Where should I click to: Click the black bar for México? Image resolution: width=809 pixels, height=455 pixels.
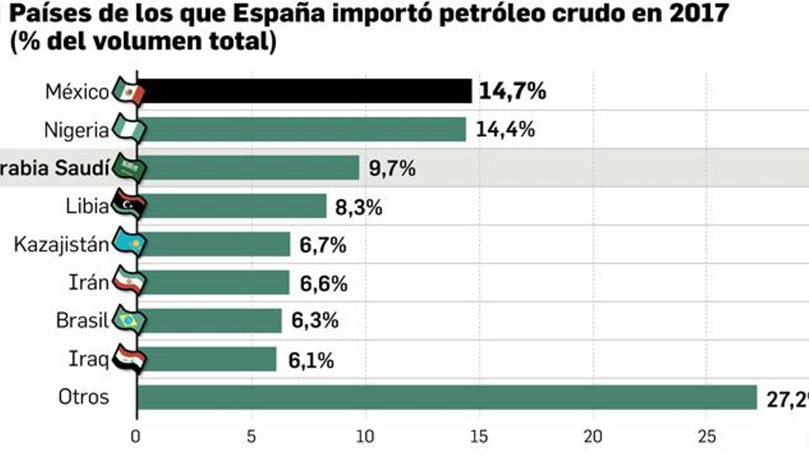[x=303, y=91]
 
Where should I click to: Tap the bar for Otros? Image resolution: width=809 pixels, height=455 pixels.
[x=445, y=397]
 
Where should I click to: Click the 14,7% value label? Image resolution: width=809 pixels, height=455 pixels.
[x=512, y=92]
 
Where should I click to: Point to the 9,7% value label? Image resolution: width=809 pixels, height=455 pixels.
[x=392, y=168]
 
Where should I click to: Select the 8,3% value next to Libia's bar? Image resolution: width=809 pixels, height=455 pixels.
[x=358, y=207]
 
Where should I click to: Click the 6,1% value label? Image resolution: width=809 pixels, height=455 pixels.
[x=311, y=360]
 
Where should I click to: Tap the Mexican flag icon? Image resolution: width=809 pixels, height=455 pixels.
[x=129, y=92]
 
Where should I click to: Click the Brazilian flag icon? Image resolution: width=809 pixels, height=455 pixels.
[x=129, y=321]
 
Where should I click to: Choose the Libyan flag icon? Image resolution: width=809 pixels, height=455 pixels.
[x=129, y=205]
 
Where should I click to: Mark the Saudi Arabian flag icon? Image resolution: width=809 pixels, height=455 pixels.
[x=129, y=167]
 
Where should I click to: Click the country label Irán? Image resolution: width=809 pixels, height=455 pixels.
[x=88, y=283]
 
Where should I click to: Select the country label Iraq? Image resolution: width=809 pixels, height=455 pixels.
[x=88, y=359]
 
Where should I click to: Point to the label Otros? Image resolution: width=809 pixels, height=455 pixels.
[x=83, y=397]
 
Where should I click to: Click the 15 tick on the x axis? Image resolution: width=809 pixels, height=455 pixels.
[x=479, y=436]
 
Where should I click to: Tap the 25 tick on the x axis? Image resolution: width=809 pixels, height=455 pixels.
[x=706, y=436]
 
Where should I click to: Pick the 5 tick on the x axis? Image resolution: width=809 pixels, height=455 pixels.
[x=251, y=436]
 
